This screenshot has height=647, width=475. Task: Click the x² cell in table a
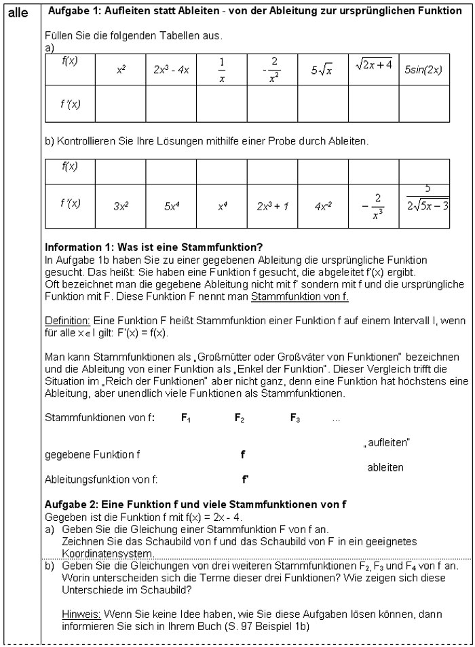pyautogui.click(x=120, y=70)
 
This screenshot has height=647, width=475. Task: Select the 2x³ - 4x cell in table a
pyautogui.click(x=171, y=70)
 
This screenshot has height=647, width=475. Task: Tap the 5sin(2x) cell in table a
pyautogui.click(x=424, y=70)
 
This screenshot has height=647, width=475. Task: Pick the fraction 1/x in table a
pyautogui.click(x=221, y=69)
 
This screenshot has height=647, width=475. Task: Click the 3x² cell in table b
pyautogui.click(x=120, y=204)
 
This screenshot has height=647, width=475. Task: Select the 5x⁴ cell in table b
pyautogui.click(x=171, y=204)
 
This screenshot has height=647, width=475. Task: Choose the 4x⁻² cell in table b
pyautogui.click(x=322, y=204)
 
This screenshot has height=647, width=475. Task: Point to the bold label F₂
pyautogui.click(x=240, y=419)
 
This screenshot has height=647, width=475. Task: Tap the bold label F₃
pyautogui.click(x=295, y=419)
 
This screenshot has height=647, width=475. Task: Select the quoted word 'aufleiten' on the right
pyautogui.click(x=387, y=443)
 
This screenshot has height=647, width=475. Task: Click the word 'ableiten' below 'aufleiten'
pyautogui.click(x=385, y=467)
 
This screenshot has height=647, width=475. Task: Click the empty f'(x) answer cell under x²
pyautogui.click(x=120, y=104)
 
